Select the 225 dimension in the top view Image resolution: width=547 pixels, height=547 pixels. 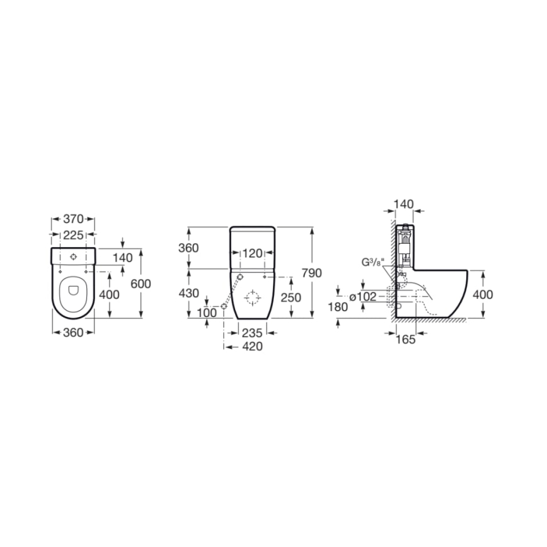(x=73, y=235)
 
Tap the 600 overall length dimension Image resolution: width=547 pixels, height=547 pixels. (x=141, y=284)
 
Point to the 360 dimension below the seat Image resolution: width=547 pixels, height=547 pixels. (x=72, y=333)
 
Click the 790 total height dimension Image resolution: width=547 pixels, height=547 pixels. (x=313, y=273)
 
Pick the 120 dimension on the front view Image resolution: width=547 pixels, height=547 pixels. (x=252, y=253)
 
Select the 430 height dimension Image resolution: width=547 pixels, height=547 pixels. (x=189, y=293)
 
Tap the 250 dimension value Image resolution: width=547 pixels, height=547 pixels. (x=290, y=298)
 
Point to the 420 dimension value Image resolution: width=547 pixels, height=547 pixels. (x=251, y=346)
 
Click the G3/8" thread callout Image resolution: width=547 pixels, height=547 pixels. (x=372, y=262)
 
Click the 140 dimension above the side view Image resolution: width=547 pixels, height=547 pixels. (x=403, y=204)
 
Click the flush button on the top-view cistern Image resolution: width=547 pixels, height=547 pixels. (x=73, y=256)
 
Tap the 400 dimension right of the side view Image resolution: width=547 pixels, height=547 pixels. (x=482, y=294)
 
